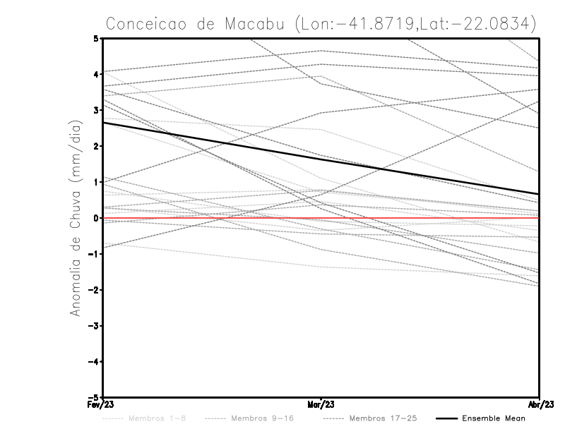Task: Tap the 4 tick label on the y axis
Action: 96,74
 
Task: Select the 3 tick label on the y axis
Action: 96,110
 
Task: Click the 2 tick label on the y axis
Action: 96,146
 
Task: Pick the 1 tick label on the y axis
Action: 96,182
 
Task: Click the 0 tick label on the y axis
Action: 96,218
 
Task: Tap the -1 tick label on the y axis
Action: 94,254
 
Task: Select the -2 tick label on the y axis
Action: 94,290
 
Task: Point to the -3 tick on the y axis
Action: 94,326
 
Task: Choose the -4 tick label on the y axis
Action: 94,362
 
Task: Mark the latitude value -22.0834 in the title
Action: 488,23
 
